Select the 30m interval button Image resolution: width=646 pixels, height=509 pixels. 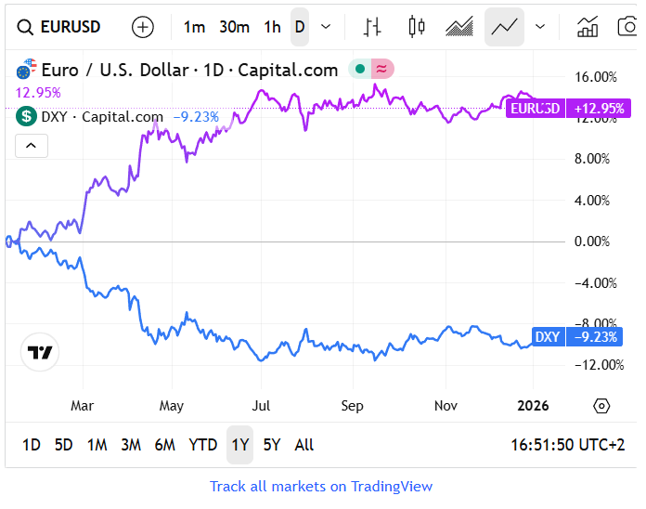coord(234,27)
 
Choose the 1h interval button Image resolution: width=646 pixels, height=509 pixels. coord(272,27)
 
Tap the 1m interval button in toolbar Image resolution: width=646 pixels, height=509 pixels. coord(194,27)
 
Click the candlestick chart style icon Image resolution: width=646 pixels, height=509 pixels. coord(417,27)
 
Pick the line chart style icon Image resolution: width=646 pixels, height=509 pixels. coord(504,27)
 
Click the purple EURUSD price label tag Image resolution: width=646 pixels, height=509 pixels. coord(536,108)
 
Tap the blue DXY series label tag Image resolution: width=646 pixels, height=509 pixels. coord(548,336)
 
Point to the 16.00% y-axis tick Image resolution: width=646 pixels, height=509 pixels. coord(596,77)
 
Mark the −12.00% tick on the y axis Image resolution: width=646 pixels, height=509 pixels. coord(592,364)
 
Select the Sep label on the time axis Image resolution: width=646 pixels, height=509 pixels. coord(352,406)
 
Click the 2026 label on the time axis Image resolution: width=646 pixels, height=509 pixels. coord(534,406)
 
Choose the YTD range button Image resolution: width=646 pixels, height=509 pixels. coord(202,445)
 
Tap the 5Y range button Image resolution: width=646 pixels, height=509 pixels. coord(272,445)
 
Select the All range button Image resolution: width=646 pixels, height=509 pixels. coord(304,445)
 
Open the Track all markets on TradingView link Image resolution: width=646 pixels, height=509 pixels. coord(321,486)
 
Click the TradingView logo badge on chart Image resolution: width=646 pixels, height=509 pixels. coord(39,352)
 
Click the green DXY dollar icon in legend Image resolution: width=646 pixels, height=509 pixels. coord(26,116)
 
